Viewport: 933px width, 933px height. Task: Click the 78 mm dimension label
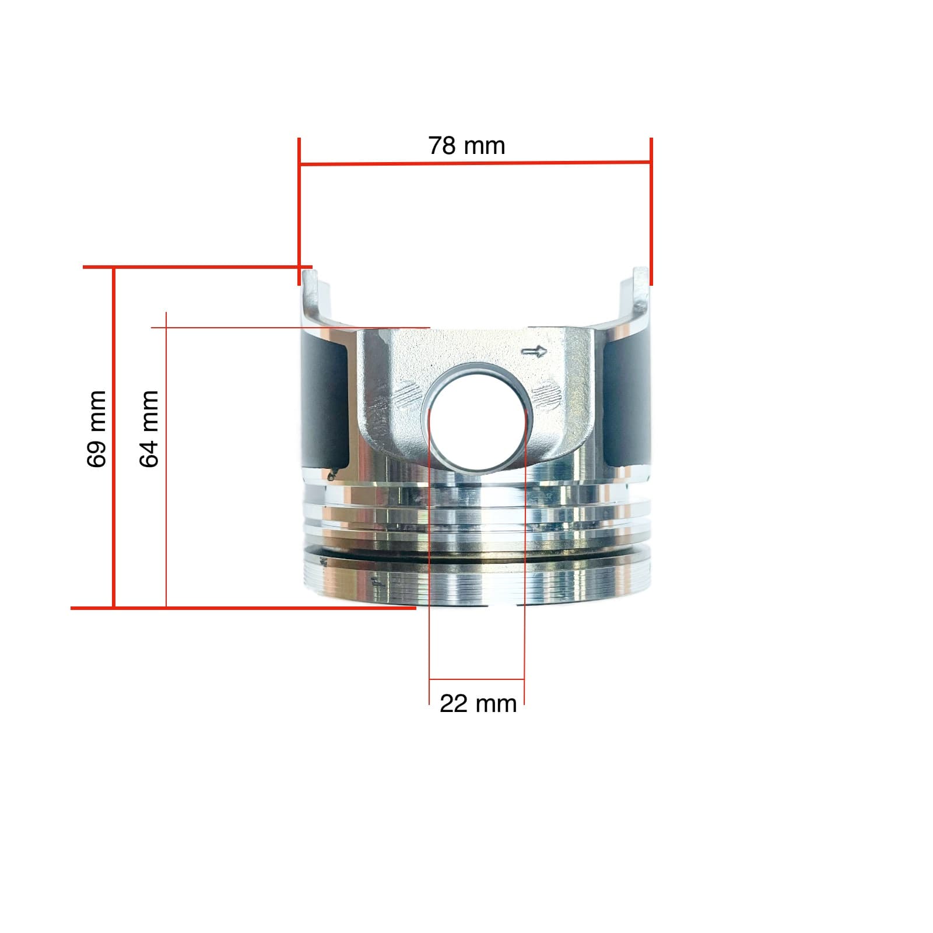coord(466,146)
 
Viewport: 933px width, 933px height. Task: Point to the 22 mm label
coord(478,704)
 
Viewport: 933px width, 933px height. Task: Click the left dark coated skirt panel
coord(325,402)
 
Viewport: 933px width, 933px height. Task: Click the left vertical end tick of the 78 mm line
coord(299,210)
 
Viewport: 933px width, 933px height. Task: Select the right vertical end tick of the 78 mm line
coord(651,210)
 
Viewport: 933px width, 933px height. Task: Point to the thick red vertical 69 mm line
coord(114,437)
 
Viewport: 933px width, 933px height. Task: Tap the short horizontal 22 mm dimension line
coord(477,679)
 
